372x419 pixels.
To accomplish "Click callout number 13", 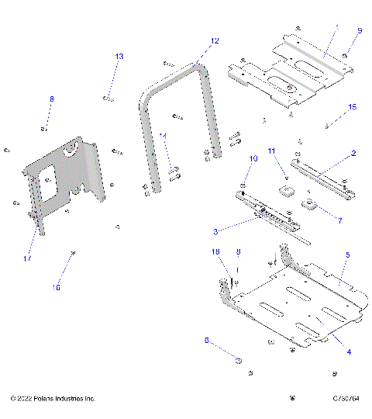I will pos(119,57).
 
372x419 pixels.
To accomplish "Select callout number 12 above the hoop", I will pos(215,40).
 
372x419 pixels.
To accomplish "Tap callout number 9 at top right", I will pos(359,31).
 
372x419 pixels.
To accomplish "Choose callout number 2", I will pos(353,154).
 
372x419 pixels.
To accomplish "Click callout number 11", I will pos(272,150).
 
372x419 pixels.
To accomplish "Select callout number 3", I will pos(216,230).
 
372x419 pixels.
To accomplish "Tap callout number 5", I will pos(348,255).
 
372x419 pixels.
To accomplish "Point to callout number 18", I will pos(216,252).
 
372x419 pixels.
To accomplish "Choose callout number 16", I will pos(56,287).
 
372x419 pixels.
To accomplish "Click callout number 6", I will pos(206,340).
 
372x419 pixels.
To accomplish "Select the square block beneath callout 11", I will pos(287,190).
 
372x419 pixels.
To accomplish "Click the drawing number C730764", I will pos(344,398).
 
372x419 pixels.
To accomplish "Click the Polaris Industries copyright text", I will pos(53,398).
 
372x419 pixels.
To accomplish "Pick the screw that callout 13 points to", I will pos(107,98).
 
